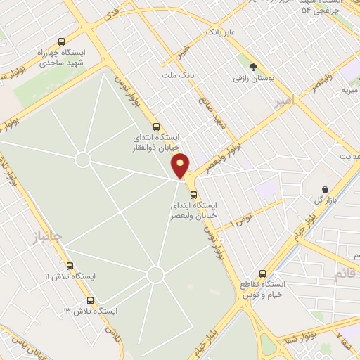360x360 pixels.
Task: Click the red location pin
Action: pos(181,165)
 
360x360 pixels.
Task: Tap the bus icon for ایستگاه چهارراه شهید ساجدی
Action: pos(62,41)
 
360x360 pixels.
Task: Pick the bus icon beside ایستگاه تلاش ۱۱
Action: pos(70,266)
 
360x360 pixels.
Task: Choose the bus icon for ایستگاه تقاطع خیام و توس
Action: pos(262,274)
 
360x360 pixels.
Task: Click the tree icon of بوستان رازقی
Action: pos(252,65)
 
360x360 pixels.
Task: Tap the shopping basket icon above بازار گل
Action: pos(326,189)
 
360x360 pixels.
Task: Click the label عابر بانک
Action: pos(219,32)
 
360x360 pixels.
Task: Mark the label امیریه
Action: pos(349,90)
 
